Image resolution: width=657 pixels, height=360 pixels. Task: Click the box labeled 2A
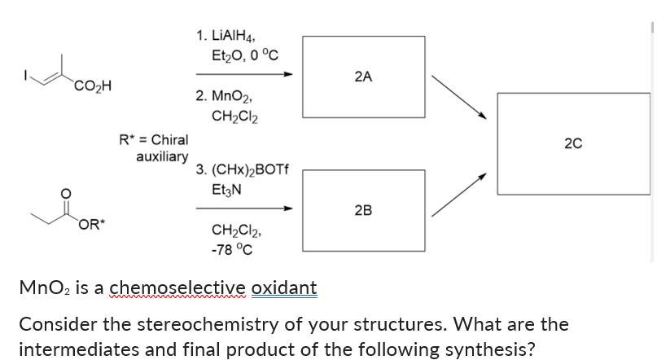[x=363, y=77]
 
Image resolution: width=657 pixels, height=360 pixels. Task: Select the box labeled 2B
[x=363, y=209]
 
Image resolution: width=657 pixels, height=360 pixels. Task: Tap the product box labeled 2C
[x=573, y=143]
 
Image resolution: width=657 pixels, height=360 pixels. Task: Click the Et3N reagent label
[x=226, y=191]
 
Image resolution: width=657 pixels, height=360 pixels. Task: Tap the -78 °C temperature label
[x=231, y=249]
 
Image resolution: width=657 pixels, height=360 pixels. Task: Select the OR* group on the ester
[x=90, y=225]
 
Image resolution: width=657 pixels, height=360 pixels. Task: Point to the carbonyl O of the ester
[x=67, y=191]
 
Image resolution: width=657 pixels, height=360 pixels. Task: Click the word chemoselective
[x=177, y=288]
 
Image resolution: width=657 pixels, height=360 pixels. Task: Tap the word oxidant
[x=284, y=288]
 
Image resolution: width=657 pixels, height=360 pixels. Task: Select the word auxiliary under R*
[x=162, y=156]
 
